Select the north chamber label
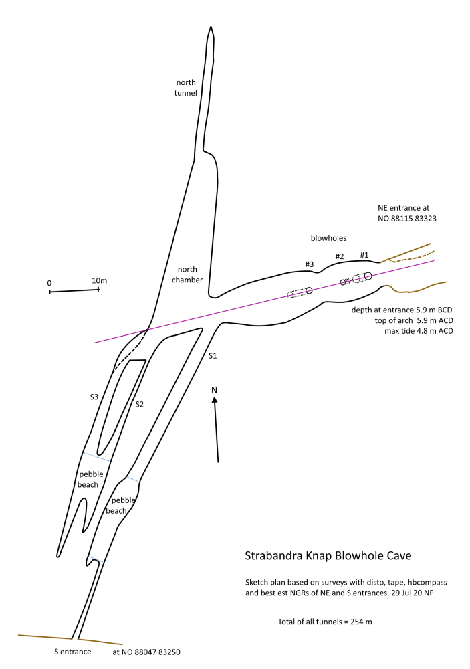click(187, 274)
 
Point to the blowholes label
click(328, 237)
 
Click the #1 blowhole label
click(364, 255)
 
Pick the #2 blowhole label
click(339, 257)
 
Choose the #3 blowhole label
click(309, 265)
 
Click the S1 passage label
click(212, 356)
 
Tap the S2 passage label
click(140, 404)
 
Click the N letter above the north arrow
click(214, 389)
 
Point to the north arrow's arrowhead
click(215, 401)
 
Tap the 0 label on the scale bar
click(49, 283)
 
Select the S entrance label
click(72, 651)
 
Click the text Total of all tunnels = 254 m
click(325, 622)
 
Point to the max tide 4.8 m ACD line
click(415, 331)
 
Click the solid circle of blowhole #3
click(309, 290)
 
